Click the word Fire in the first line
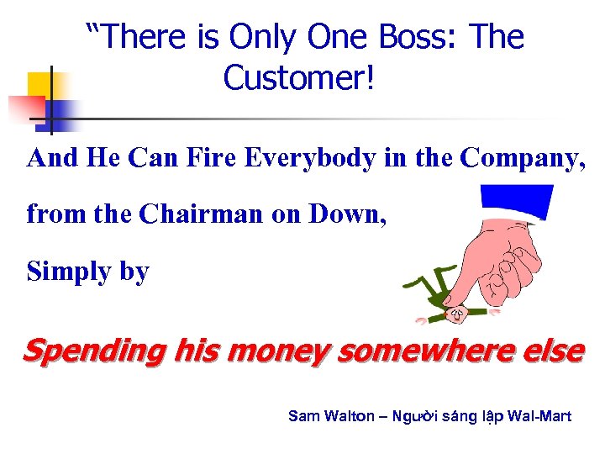[209, 158]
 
